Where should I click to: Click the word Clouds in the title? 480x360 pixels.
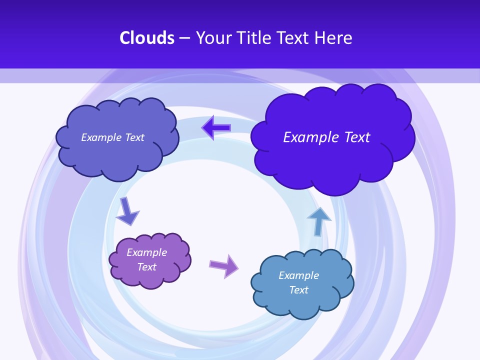[x=147, y=38]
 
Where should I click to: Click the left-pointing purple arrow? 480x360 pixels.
[x=216, y=128]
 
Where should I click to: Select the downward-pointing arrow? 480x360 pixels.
[x=127, y=211]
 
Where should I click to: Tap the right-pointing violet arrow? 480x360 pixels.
[x=223, y=266]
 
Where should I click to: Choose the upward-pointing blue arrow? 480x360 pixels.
[x=318, y=221]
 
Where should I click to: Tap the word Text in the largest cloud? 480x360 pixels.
[x=357, y=137]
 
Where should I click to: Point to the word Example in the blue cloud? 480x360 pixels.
[x=298, y=275]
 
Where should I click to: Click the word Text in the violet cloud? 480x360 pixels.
[x=146, y=267]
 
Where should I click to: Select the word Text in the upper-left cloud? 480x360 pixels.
[x=134, y=137]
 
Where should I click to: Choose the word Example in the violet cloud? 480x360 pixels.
[x=146, y=252]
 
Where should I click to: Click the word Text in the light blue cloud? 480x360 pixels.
[x=298, y=290]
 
